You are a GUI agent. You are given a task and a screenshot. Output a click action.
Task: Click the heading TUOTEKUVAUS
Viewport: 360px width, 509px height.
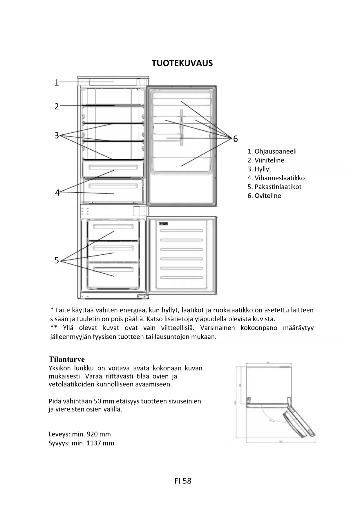pos(182,63)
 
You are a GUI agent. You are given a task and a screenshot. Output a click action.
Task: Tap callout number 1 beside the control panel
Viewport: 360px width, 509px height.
pos(57,83)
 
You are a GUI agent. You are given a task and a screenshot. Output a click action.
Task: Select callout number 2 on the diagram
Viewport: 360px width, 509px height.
pos(57,107)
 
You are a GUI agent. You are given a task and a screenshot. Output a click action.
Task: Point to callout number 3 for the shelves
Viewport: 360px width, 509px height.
pos(57,135)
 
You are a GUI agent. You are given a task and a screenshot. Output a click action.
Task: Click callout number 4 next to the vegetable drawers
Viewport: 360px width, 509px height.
pos(57,192)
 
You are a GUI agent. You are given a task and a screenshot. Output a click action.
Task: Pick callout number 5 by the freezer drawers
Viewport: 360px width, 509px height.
pos(57,260)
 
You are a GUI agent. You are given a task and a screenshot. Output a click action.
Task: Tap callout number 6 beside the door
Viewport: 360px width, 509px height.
pos(235,139)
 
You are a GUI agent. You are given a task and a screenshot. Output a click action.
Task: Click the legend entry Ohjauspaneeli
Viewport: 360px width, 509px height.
pos(275,151)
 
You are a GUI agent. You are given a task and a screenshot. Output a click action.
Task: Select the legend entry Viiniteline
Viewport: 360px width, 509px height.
pos(269,160)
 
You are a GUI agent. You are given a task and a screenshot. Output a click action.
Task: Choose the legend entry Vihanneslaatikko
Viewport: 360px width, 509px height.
pos(279,178)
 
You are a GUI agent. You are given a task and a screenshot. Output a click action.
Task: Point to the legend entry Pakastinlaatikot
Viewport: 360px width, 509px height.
pos(278,187)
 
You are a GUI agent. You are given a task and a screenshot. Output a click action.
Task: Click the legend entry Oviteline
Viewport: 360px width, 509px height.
pos(267,196)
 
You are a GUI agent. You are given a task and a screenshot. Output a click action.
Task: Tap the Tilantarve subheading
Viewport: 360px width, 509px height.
pos(67,359)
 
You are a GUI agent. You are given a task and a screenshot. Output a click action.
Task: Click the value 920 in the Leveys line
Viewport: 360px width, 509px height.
pos(92,434)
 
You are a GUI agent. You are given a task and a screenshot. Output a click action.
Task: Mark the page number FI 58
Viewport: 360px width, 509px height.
pos(183,481)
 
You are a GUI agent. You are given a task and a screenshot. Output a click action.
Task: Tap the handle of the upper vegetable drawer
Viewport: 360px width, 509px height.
pos(113,167)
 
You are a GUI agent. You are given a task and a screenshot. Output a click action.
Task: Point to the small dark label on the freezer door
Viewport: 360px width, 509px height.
pos(163,224)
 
